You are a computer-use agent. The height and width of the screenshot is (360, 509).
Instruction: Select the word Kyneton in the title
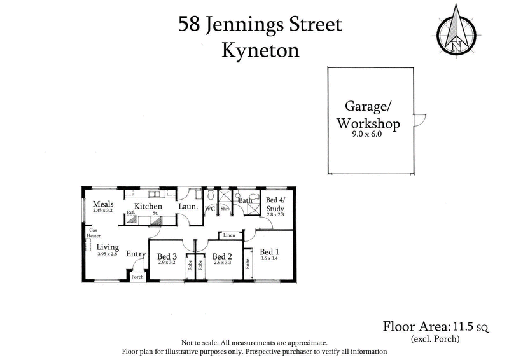point(260,51)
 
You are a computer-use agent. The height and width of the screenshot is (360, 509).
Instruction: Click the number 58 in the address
point(190,25)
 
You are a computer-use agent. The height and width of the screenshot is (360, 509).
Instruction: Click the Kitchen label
point(148,206)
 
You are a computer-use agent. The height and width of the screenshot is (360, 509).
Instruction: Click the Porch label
point(137,277)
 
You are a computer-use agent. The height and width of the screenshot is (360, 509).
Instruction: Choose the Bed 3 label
point(167,256)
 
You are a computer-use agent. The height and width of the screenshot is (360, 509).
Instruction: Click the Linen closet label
point(230,235)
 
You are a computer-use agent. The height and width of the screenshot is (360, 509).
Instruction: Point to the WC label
point(209,208)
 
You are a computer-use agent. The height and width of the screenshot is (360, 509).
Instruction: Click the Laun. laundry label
point(187,207)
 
